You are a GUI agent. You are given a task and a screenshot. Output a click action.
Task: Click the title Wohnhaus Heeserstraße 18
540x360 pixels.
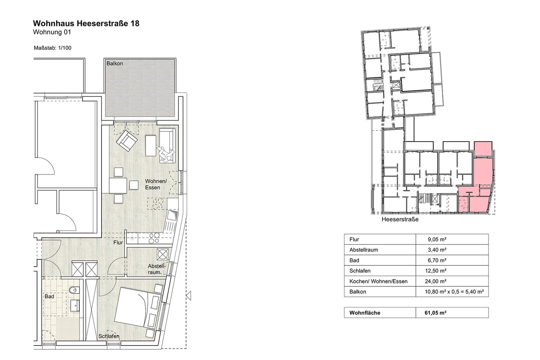[86, 23]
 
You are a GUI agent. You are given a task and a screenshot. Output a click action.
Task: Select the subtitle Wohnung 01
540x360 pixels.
[52, 32]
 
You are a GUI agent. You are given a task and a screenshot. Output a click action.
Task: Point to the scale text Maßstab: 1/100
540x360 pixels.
[52, 48]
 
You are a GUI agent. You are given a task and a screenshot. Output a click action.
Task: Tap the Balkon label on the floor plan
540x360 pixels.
[115, 64]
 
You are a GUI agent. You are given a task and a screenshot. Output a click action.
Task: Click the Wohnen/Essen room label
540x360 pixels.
[156, 184]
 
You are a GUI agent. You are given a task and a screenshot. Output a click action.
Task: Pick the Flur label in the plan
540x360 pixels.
[118, 242]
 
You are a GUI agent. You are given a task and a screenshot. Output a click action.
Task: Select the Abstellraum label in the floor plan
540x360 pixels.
[157, 269]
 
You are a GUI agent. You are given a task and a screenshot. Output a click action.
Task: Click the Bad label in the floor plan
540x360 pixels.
[49, 296]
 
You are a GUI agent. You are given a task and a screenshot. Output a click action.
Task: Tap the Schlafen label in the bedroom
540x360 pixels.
[109, 336]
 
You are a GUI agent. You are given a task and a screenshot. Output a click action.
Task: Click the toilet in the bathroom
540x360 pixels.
[74, 290]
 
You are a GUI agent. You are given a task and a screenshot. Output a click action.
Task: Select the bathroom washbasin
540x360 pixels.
[75, 306]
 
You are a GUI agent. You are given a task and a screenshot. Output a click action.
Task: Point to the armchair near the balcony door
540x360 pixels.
[127, 141]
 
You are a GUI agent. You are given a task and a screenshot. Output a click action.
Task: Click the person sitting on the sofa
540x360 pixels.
[165, 154]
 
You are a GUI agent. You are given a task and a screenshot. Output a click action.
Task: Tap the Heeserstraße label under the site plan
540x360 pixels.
[400, 219]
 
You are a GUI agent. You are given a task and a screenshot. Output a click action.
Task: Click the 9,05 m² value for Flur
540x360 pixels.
[437, 239]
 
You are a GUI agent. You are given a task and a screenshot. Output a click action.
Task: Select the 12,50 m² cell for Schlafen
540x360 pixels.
[435, 271]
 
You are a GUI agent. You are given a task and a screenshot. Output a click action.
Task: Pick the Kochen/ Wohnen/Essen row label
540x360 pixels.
[378, 281]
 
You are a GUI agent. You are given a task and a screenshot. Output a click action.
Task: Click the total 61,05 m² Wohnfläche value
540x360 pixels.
[435, 313]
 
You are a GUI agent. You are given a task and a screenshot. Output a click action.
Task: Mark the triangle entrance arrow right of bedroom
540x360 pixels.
[189, 296]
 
